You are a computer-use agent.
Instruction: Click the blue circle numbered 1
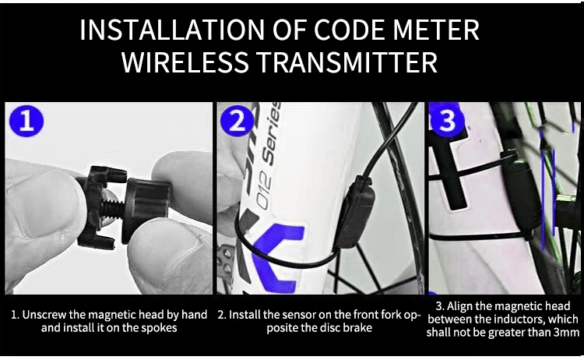coord(26,121)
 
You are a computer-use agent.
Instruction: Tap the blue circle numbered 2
coord(237,120)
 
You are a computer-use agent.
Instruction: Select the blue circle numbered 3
coord(447,120)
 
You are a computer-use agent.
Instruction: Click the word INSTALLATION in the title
coord(173,30)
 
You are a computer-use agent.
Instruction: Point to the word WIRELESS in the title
coord(185,62)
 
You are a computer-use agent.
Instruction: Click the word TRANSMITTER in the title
coord(347,62)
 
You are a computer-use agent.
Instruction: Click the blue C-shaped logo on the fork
coord(276,257)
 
